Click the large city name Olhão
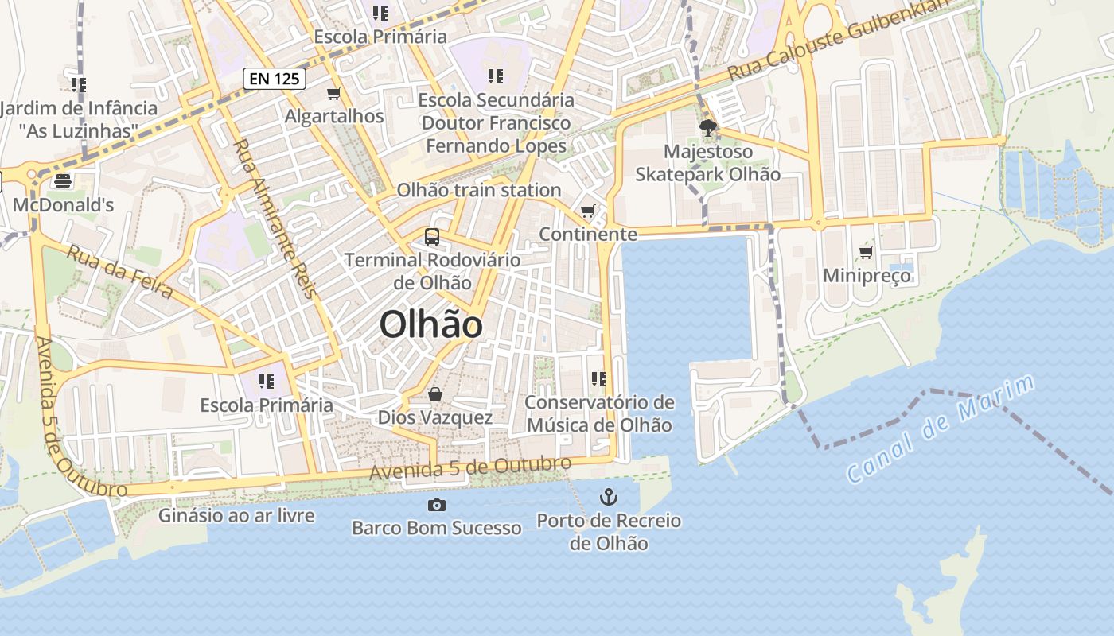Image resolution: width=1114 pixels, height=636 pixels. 430,324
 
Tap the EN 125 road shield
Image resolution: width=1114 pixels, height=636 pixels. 275,78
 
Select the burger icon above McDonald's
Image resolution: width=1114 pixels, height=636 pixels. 63,181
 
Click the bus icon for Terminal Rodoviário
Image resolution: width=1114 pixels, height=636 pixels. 431,236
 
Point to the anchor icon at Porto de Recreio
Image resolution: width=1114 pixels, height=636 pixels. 608,498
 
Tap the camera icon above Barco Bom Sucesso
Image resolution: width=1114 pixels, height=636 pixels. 436,505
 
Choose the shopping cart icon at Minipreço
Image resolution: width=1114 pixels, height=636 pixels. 866,253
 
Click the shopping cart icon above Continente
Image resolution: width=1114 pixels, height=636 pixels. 587,211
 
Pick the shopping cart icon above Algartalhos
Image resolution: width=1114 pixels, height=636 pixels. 334,93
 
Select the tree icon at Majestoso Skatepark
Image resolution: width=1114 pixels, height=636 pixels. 707,127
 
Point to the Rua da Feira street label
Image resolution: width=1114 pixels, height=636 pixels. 119,272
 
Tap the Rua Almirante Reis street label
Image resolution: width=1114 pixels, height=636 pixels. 275,219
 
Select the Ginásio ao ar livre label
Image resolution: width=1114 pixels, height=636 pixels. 236,516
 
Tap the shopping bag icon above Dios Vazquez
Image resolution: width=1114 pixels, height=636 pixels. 434,394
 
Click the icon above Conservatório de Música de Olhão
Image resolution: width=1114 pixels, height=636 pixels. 599,379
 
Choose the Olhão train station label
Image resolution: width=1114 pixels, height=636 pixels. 479,190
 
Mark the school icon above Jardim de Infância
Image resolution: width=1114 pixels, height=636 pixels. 78,83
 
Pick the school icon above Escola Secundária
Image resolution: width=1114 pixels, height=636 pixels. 496,76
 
